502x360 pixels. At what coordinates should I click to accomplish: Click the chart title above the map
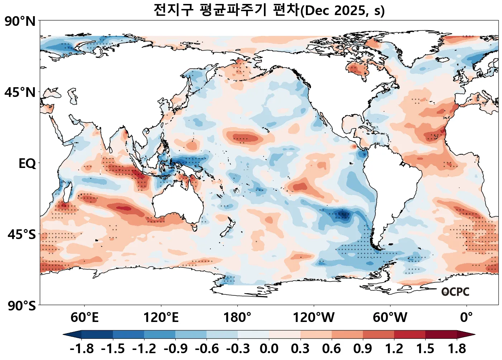tap(269, 10)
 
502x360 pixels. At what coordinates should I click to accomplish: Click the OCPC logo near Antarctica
tap(455, 292)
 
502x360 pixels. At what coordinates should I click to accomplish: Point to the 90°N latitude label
tap(20, 22)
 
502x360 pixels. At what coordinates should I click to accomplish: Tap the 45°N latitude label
tap(20, 92)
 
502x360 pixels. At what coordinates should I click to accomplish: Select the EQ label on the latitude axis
tap(27, 164)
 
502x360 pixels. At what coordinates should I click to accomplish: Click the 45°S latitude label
tap(22, 235)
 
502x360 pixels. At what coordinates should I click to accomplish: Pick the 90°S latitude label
tap(22, 306)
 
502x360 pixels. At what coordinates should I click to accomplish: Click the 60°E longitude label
tap(84, 317)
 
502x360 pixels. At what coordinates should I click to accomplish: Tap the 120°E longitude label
tap(161, 317)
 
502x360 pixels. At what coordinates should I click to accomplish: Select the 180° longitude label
tap(237, 317)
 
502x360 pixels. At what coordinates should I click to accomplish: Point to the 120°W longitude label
tap(314, 317)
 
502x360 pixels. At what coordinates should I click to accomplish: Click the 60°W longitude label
tap(390, 317)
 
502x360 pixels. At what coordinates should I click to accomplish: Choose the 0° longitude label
tap(467, 317)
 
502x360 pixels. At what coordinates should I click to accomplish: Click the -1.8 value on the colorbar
tap(82, 349)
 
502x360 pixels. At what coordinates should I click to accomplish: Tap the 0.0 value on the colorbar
tap(269, 349)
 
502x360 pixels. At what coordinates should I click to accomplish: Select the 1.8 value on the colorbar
tap(457, 349)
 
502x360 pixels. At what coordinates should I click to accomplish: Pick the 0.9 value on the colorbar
tap(363, 349)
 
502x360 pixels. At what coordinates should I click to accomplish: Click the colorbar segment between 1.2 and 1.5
tap(409, 335)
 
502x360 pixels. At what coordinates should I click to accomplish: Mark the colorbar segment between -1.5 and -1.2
tap(128, 335)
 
